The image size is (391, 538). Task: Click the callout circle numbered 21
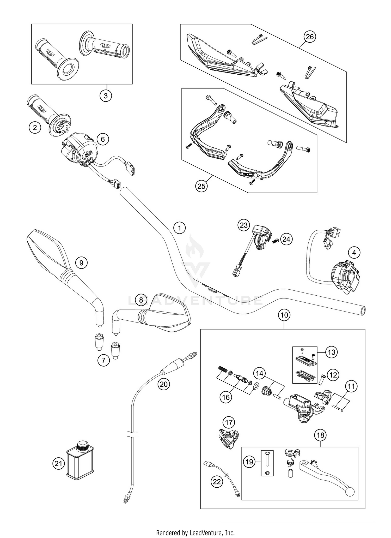pos(58,463)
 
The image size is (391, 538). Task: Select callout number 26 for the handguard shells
pos(310,37)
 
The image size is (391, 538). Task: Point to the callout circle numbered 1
pos(179,228)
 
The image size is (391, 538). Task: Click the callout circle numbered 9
pos(81,263)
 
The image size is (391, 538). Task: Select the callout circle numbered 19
pos(249,462)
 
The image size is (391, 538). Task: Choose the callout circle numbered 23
pos(243,225)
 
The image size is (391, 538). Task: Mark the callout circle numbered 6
pos(103,139)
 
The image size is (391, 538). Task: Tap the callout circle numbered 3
pos(106,96)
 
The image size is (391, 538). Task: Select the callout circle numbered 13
pos(331,352)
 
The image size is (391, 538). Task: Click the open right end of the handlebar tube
pos(362,311)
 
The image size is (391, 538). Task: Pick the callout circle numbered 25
pos(201,186)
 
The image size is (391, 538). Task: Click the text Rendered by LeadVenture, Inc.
pos(195,532)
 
